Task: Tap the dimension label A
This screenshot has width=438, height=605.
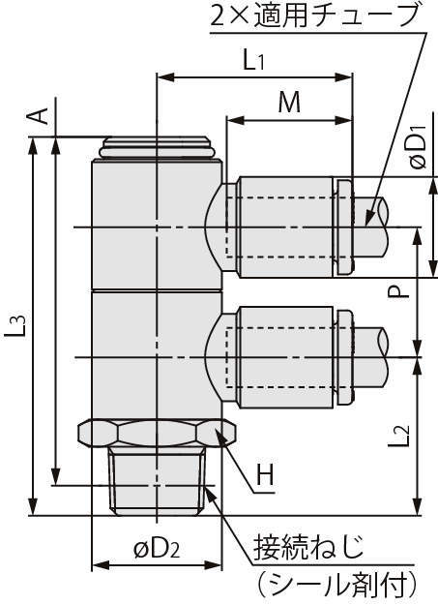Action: [39, 115]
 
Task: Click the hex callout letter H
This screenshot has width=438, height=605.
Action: [266, 476]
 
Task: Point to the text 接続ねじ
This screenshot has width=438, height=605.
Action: [308, 547]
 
